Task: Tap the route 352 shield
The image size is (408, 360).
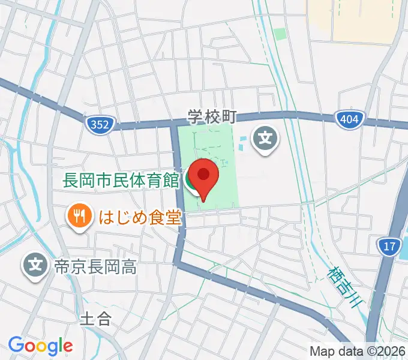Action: click(97, 124)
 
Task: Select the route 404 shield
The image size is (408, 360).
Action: click(348, 119)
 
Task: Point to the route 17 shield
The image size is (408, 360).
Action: click(389, 245)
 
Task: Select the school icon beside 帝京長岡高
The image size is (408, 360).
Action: click(37, 263)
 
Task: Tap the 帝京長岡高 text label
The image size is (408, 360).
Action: click(95, 267)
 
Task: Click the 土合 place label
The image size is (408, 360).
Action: click(95, 317)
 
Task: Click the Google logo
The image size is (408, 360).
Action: click(40, 346)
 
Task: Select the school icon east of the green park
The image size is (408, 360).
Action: click(265, 140)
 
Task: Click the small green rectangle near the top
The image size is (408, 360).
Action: click(280, 34)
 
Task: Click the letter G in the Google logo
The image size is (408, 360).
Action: click(16, 345)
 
